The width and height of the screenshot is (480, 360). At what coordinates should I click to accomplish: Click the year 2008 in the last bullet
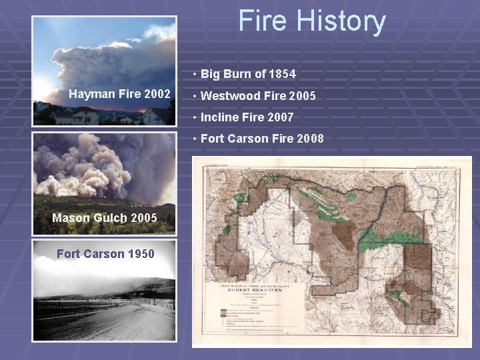(310, 139)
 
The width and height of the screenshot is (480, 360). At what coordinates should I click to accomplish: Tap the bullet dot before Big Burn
(193, 74)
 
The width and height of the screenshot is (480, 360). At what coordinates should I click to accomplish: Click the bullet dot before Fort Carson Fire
(193, 139)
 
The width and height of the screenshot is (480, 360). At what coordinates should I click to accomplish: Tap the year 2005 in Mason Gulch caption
(143, 218)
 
